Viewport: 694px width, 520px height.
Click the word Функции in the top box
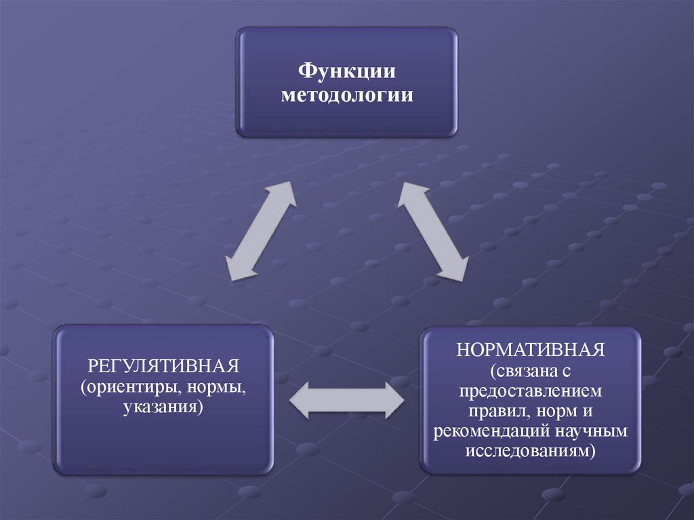347,71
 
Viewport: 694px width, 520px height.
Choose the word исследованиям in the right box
527,450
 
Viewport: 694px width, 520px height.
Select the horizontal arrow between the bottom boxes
347,399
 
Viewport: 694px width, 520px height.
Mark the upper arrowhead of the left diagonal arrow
284,194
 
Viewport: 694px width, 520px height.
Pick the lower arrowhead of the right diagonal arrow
454,267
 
